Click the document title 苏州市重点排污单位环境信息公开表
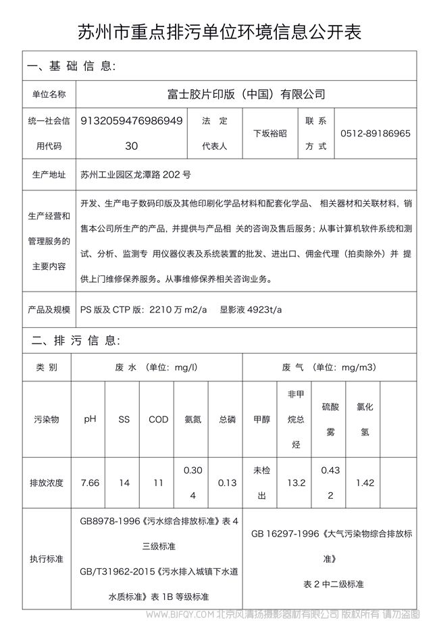[219, 32]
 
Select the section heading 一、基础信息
[71, 66]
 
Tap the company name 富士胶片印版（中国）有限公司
[246, 94]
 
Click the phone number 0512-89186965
[376, 134]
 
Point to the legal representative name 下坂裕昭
[269, 134]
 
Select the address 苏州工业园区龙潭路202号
[135, 175]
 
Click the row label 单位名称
[49, 94]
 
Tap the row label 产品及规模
[49, 309]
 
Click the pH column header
[90, 419]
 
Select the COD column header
[158, 419]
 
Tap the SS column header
[124, 419]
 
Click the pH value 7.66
[90, 483]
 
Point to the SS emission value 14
[124, 483]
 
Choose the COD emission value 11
[158, 483]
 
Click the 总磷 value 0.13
[227, 483]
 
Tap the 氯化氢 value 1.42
[365, 483]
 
